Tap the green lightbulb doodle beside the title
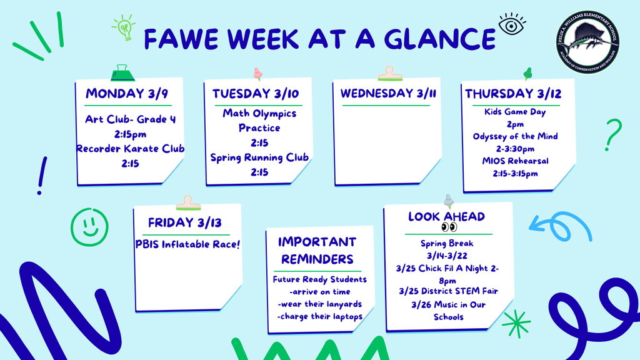tap(124, 27)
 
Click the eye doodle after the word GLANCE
tap(512, 25)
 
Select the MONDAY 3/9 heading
tap(126, 94)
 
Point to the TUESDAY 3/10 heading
tap(256, 94)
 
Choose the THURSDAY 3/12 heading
tap(513, 94)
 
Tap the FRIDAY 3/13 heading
tap(185, 222)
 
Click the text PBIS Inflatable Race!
tap(187, 244)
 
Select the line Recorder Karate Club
tap(131, 149)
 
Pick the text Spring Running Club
tap(259, 157)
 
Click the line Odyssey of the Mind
tap(515, 136)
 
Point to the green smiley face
tap(89, 225)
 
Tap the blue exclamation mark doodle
tap(42, 175)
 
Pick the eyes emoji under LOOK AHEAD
tap(449, 227)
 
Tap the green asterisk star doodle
tap(516, 324)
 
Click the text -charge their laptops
tap(319, 316)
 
